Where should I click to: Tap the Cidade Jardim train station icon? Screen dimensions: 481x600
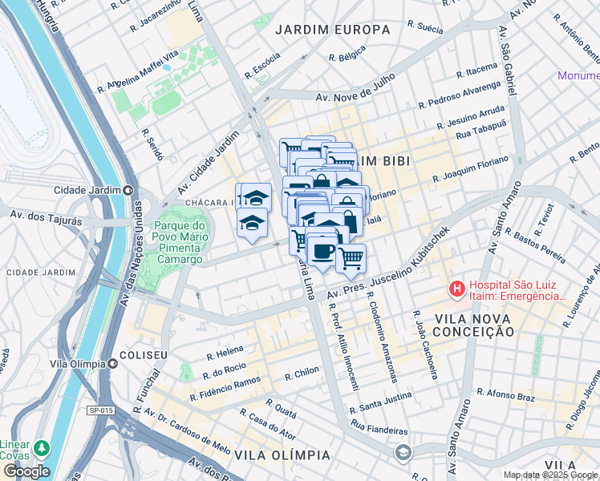point(128,190)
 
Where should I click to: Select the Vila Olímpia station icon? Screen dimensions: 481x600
point(113,363)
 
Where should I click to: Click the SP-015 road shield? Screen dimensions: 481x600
point(100,410)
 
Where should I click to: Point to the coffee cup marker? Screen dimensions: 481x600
point(322,252)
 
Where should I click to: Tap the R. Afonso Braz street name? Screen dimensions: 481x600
point(505,393)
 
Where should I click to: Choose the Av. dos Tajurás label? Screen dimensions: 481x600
point(38,215)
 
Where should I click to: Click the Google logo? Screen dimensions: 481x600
point(26,471)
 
